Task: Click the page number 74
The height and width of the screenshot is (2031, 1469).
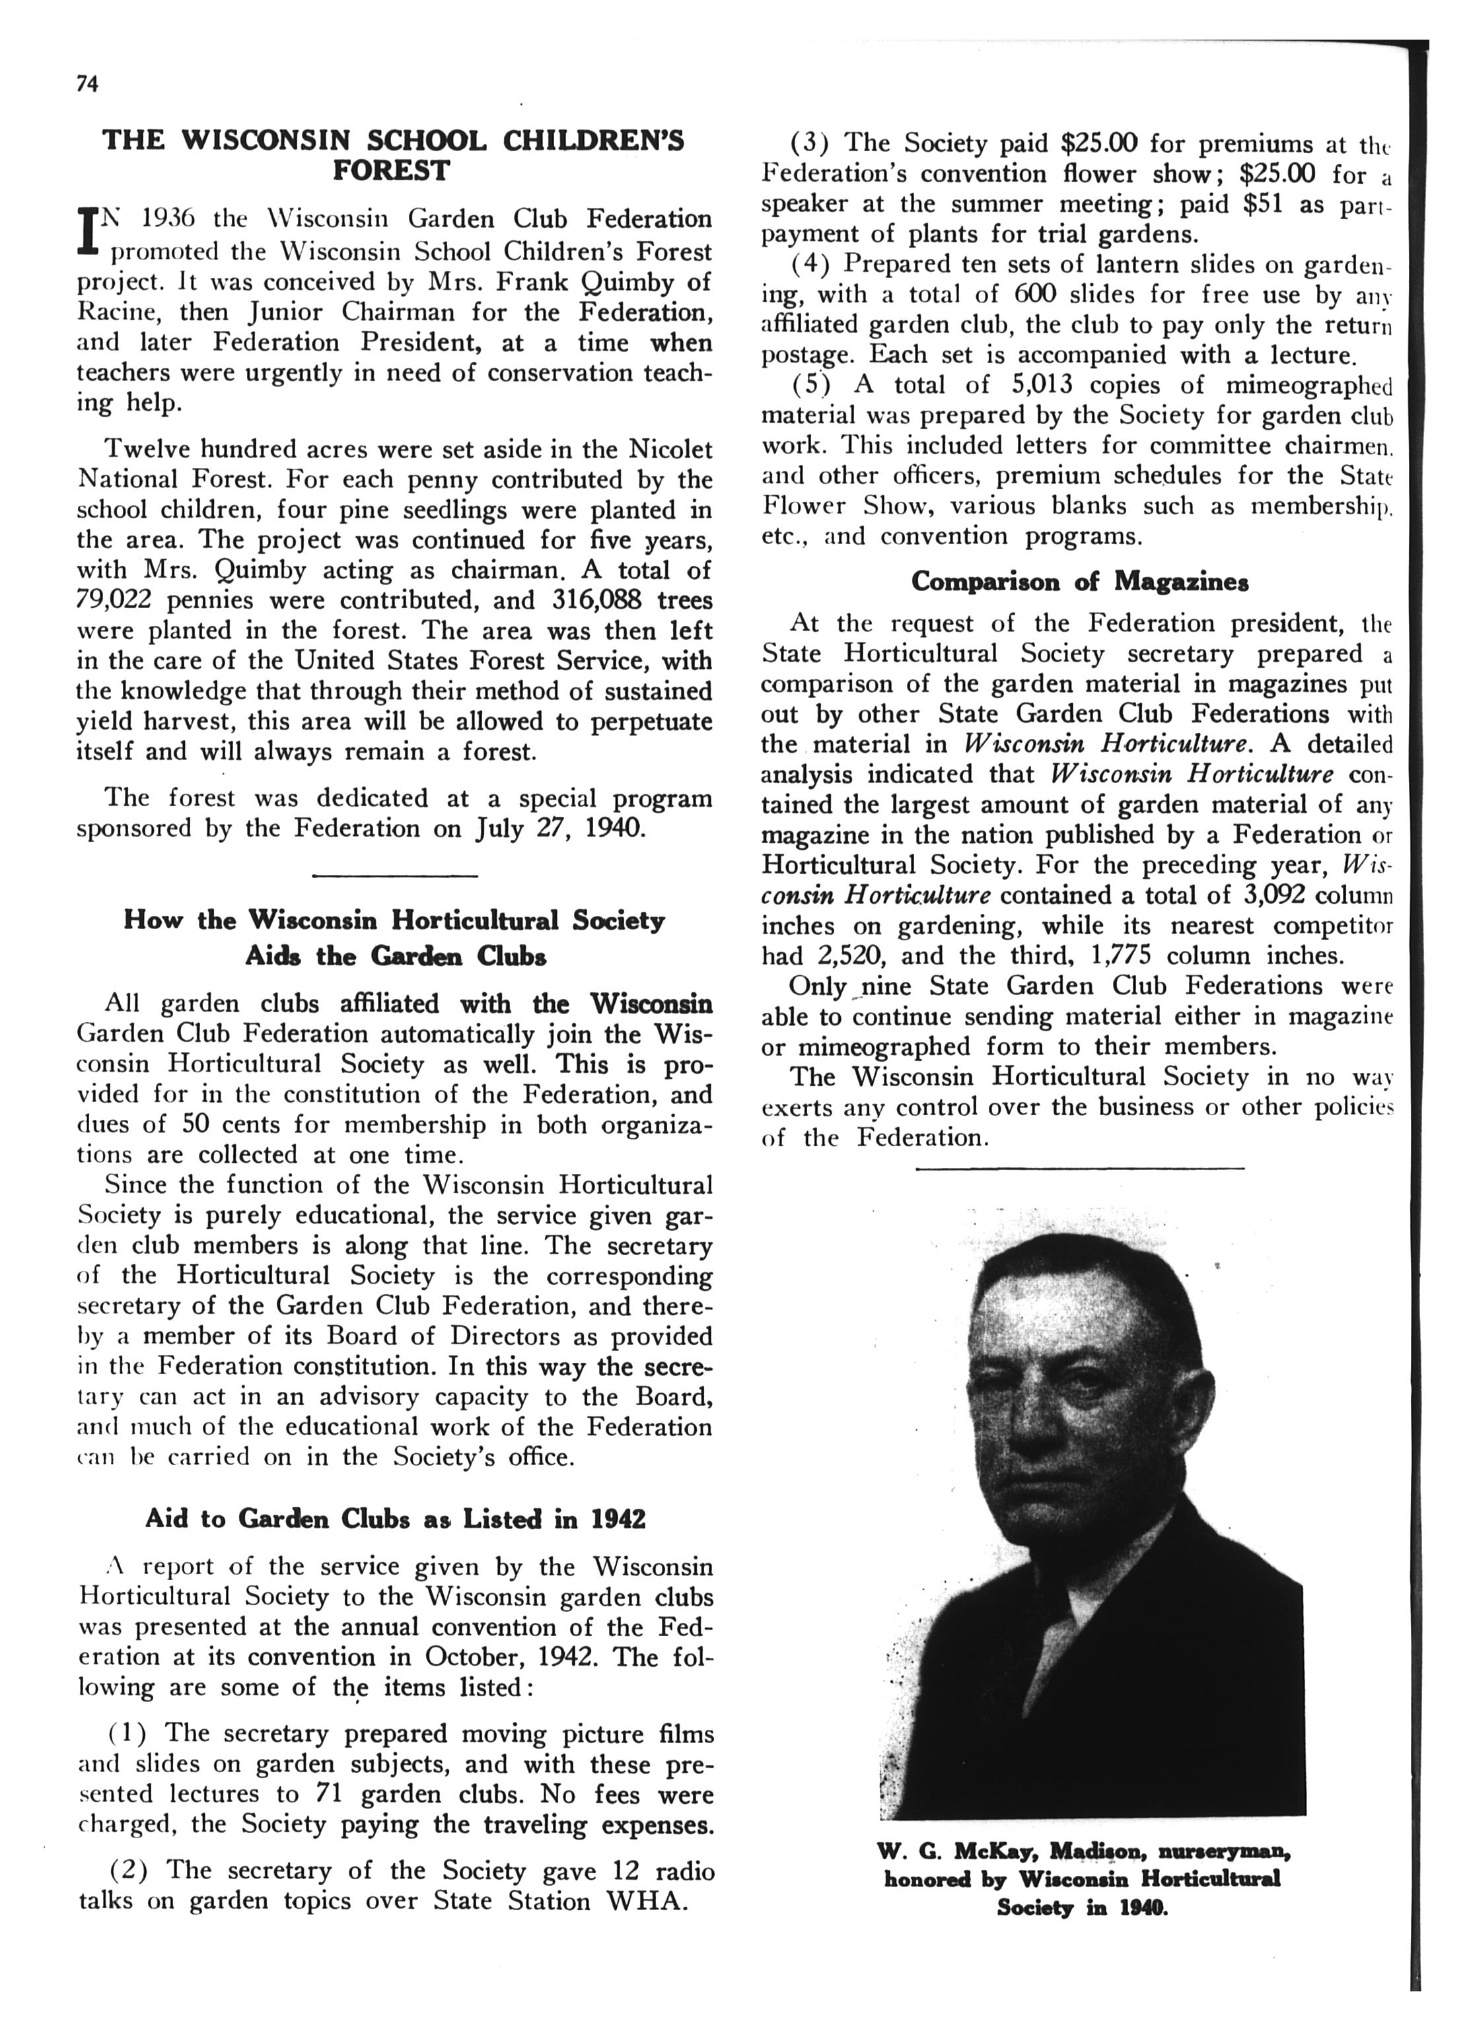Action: coord(87,83)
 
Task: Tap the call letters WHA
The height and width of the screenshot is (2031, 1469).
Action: coord(647,1901)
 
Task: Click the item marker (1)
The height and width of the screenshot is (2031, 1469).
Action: coord(128,1734)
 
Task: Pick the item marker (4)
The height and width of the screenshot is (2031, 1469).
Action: coord(810,264)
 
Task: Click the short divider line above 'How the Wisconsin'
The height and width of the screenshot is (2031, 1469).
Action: coord(394,875)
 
